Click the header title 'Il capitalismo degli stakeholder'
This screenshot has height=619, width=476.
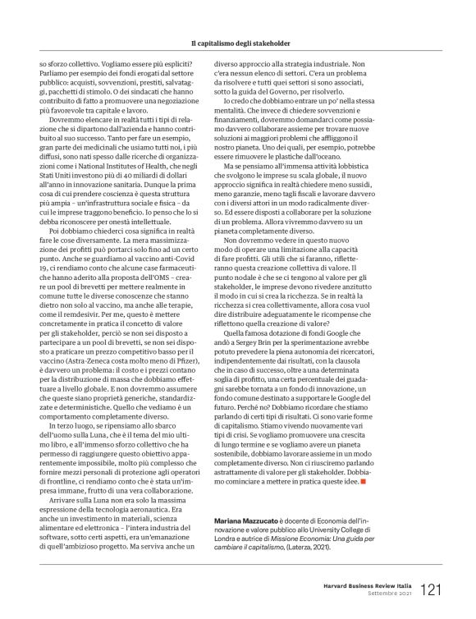(x=237, y=42)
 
